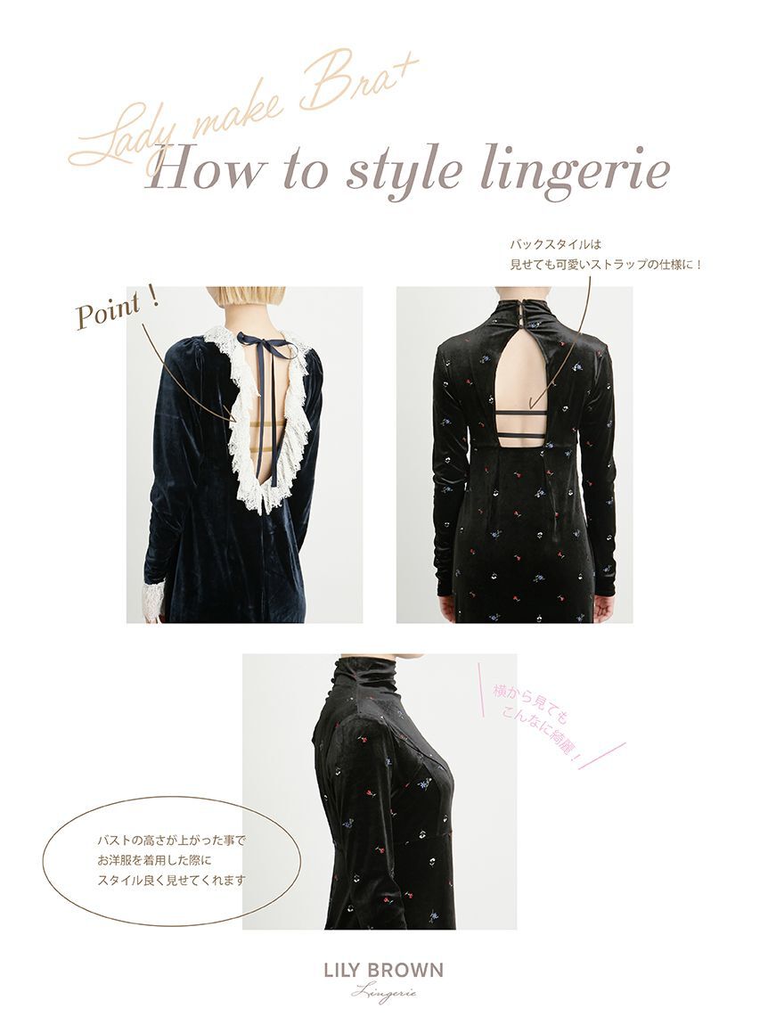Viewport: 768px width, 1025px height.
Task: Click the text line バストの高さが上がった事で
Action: click(x=170, y=840)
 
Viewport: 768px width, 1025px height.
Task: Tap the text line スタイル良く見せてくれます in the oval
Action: click(x=171, y=880)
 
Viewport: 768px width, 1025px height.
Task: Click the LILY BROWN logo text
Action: click(x=383, y=971)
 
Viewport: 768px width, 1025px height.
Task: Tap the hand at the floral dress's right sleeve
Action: click(x=603, y=609)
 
